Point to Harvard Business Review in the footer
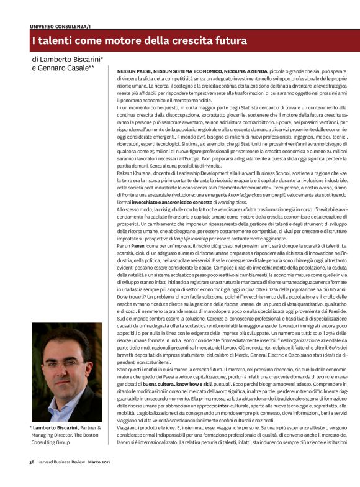point(61,479)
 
